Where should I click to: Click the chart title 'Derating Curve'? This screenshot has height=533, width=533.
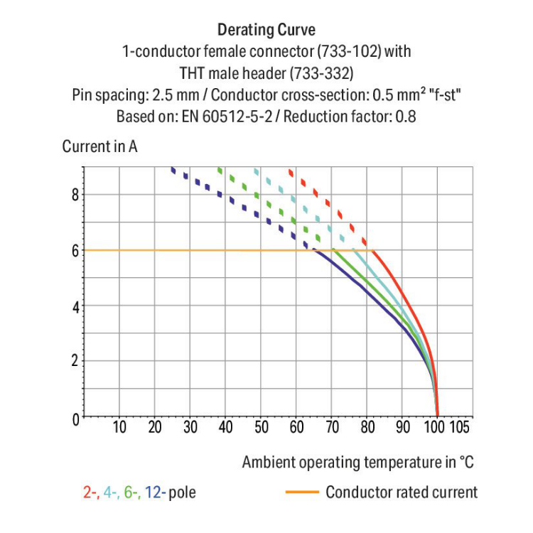coord(266,30)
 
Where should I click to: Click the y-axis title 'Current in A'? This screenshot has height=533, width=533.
coord(99,147)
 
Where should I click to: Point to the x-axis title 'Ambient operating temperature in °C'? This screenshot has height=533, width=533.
coord(357,462)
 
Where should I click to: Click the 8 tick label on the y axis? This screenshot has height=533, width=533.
coord(74,195)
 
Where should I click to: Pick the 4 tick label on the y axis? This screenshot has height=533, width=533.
coord(74,306)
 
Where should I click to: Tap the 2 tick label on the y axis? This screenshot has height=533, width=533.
coord(74,362)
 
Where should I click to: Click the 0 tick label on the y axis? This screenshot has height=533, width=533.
coord(74,417)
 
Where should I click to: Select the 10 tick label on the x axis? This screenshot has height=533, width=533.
coord(119,428)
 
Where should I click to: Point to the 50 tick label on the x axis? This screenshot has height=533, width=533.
coord(261,428)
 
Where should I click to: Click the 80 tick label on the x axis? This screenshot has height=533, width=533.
coord(367,428)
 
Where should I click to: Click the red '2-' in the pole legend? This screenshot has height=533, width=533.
coord(90,492)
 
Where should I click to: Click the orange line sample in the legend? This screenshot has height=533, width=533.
coord(302,492)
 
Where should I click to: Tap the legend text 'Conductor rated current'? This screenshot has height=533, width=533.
coord(402,492)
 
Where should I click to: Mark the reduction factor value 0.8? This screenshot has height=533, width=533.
coord(406,116)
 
